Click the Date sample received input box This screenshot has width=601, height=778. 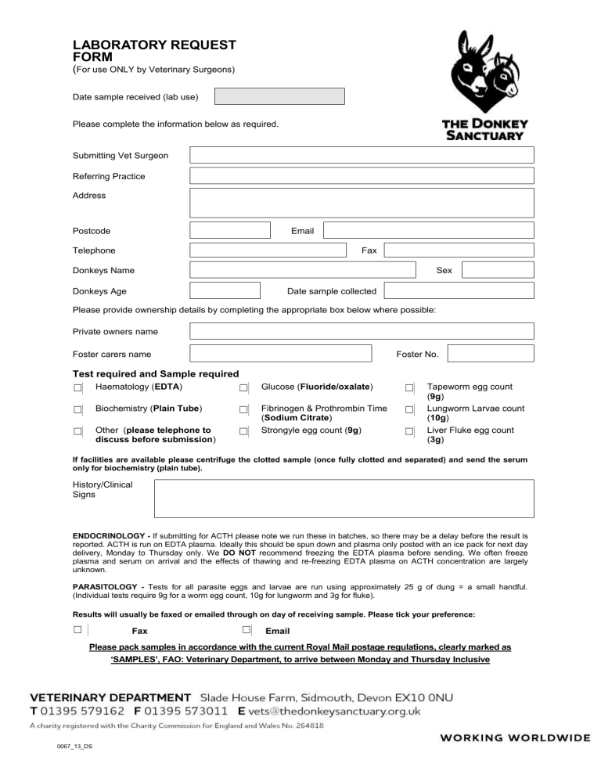point(279,96)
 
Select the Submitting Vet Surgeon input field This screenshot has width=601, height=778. point(362,155)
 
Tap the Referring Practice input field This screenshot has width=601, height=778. point(362,176)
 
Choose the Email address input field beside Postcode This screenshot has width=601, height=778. point(429,231)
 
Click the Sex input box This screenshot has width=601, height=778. point(497,270)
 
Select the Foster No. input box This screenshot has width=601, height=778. point(491,354)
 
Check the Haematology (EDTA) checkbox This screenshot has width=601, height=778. point(78,388)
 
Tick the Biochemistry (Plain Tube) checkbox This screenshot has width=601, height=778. point(78,409)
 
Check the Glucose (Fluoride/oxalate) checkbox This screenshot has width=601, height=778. point(244,388)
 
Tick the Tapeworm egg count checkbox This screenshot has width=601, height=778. point(409,388)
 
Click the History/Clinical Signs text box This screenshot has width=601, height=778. point(344,499)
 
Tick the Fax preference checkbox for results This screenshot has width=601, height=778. point(78,630)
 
